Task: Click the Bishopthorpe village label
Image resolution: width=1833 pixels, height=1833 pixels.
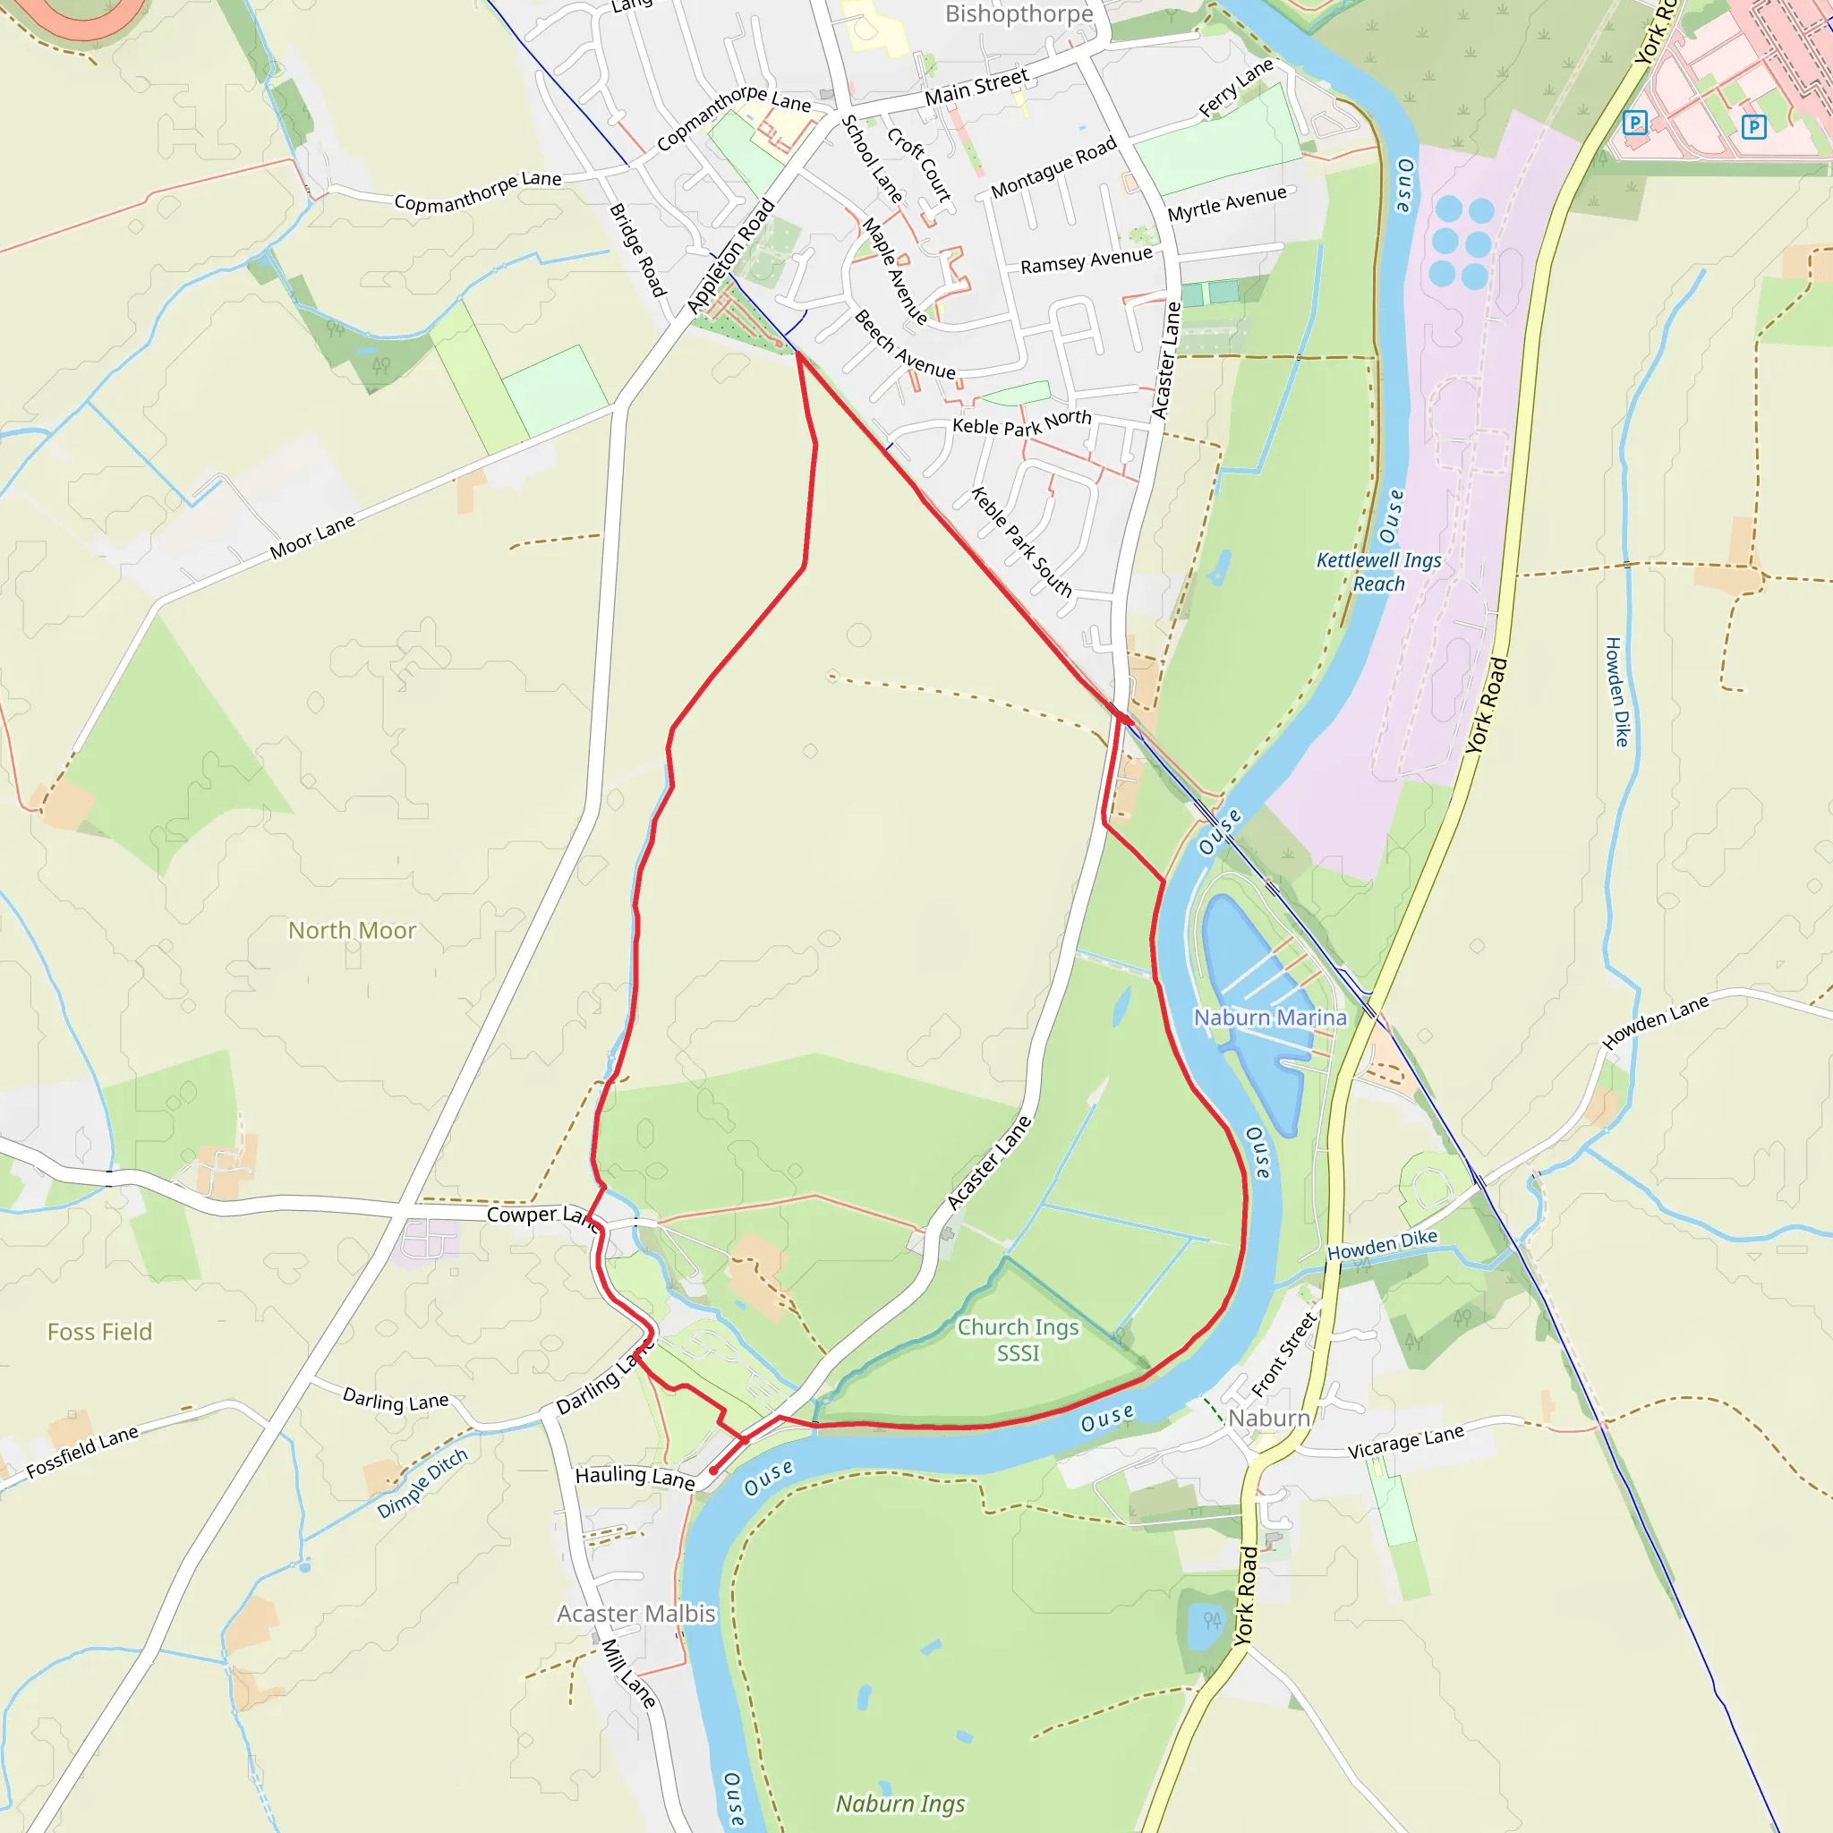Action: (x=1019, y=14)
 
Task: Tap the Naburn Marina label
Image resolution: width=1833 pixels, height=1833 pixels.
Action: (x=1269, y=1017)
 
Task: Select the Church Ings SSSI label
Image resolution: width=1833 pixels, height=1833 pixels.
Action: (x=1018, y=1340)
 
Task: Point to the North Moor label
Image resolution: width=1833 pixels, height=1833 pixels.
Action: (x=352, y=931)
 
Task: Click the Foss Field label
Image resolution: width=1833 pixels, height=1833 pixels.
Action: (x=99, y=1332)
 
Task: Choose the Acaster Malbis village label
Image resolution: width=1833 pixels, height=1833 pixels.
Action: (x=635, y=1614)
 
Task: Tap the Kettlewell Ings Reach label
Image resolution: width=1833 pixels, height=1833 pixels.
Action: (x=1378, y=572)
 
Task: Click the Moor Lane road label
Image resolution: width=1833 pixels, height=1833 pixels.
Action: (x=312, y=537)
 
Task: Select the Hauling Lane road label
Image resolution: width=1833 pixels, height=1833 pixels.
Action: (x=635, y=1476)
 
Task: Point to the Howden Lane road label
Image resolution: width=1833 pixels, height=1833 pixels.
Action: (x=1655, y=1022)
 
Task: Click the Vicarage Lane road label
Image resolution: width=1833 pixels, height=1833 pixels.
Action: (x=1405, y=1442)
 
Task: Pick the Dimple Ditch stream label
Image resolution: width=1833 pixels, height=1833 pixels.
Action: (x=422, y=1483)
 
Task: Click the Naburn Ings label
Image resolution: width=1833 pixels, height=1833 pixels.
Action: (x=900, y=1803)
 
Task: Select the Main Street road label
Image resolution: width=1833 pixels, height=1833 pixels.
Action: (x=976, y=86)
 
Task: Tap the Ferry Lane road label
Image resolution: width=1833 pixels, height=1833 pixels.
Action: (x=1235, y=89)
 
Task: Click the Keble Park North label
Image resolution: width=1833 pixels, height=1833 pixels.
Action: (x=1022, y=423)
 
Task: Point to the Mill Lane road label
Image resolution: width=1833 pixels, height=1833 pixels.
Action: (x=629, y=1674)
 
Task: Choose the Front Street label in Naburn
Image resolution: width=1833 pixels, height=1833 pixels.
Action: (x=1284, y=1354)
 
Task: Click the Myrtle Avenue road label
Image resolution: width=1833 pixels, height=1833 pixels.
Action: (x=1227, y=204)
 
